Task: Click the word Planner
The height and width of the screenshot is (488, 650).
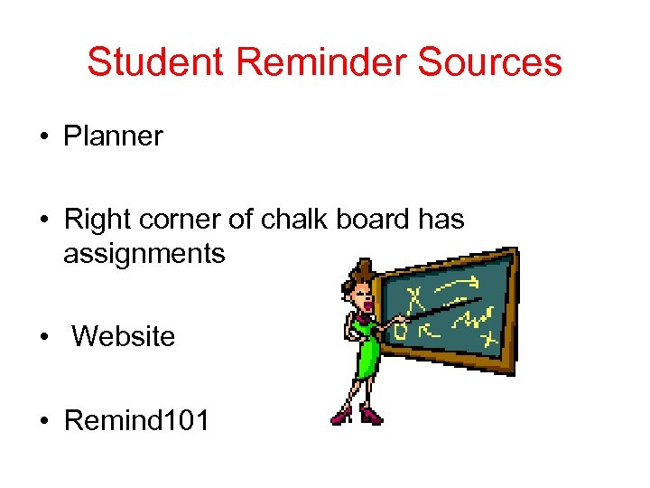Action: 113,136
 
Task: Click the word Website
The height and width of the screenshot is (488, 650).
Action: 123,336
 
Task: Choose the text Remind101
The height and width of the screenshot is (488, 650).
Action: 136,419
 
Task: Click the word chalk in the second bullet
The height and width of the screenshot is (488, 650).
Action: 284,220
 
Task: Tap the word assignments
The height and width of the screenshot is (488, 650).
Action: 144,254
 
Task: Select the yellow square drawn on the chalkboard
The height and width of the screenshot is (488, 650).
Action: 400,332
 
